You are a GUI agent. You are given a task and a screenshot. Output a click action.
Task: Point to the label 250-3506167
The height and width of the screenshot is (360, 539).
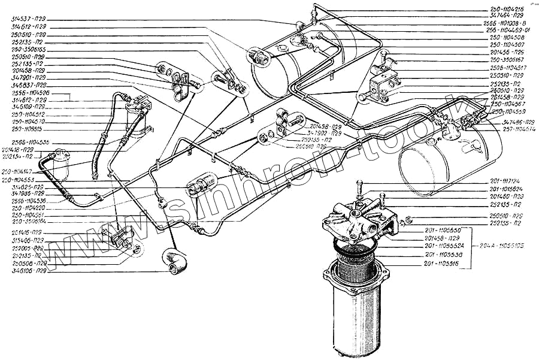[x=507, y=60]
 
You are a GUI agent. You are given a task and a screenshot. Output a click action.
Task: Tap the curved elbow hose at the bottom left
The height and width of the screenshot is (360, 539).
[x=174, y=261]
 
